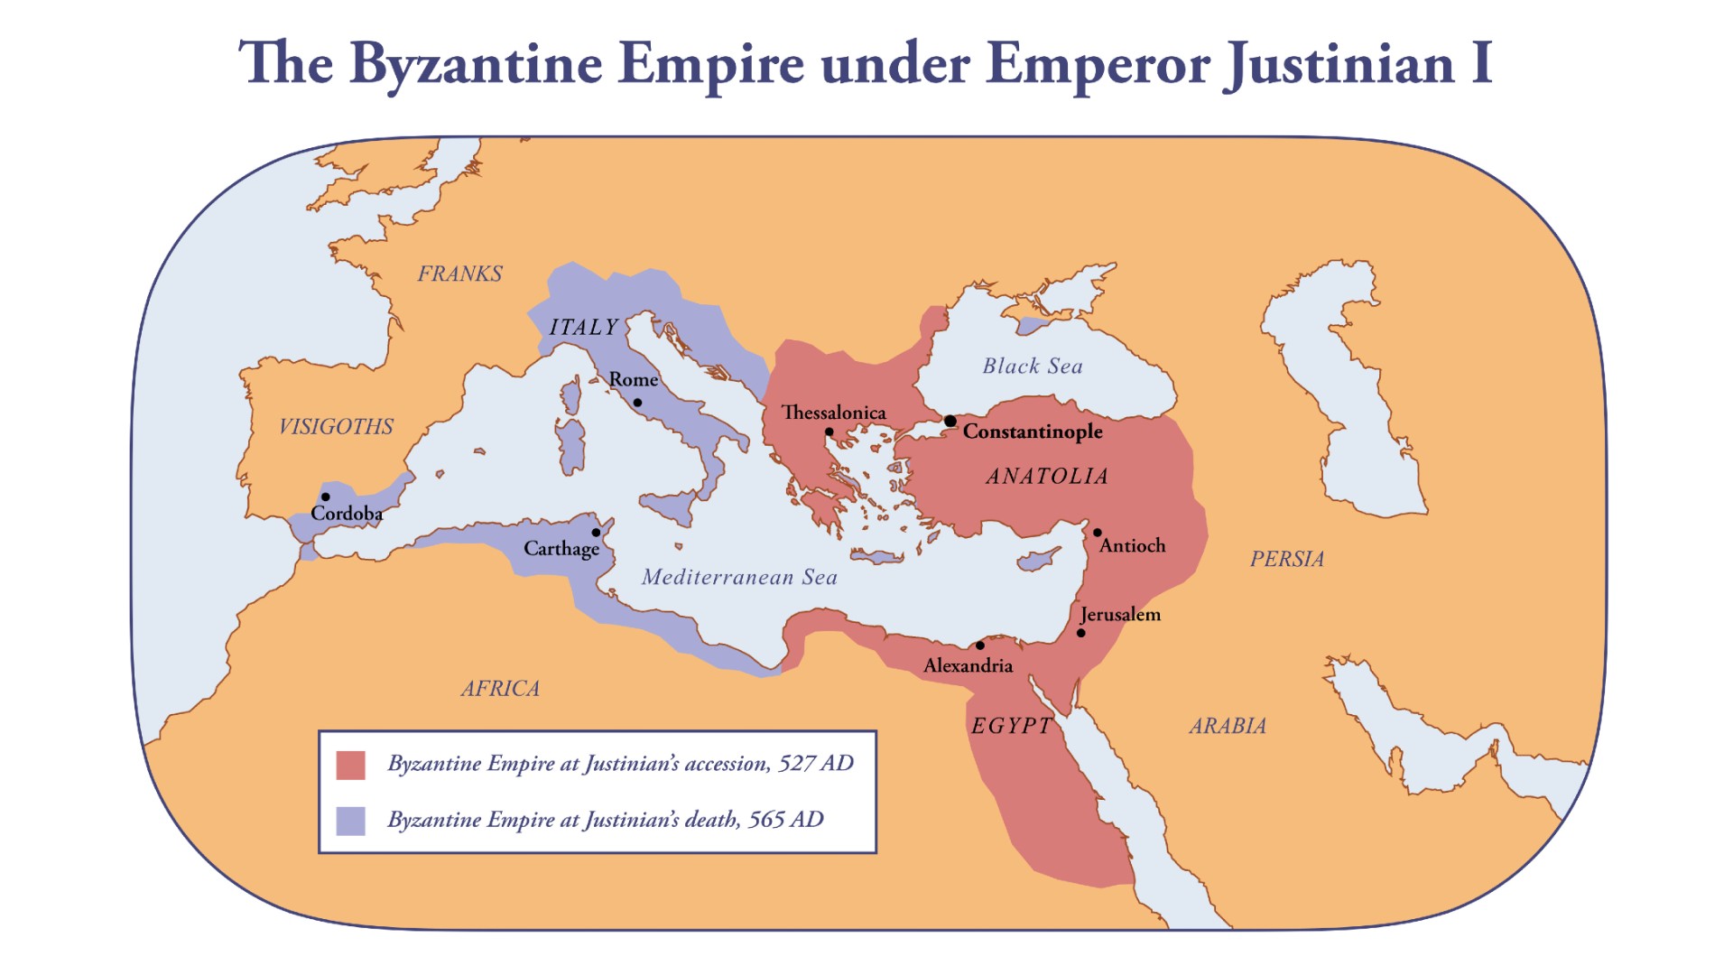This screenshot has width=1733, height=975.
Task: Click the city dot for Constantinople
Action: point(950,421)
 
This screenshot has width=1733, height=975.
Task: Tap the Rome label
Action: point(633,380)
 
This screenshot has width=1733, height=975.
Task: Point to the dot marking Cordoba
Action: point(325,497)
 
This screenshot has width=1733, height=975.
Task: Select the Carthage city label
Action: point(561,549)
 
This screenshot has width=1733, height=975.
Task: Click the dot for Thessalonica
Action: point(829,432)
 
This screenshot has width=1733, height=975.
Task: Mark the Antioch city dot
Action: point(1098,533)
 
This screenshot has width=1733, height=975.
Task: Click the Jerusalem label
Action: point(1120,615)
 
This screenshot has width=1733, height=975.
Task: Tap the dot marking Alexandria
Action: point(980,645)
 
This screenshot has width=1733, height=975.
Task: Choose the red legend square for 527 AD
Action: point(350,765)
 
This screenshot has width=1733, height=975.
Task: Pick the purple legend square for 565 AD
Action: point(350,821)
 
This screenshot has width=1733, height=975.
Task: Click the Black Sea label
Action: point(1032,367)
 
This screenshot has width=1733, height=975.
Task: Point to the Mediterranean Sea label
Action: point(739,578)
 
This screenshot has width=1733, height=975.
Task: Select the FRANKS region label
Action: point(459,274)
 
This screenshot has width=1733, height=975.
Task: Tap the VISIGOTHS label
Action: point(336,427)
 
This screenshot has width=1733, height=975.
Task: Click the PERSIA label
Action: point(1286,560)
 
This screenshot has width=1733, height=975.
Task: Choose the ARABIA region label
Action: point(1228,727)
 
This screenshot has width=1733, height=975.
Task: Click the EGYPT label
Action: point(1011,727)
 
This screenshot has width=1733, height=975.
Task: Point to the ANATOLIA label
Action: point(1046,477)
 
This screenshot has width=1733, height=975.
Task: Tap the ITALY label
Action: point(584,328)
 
